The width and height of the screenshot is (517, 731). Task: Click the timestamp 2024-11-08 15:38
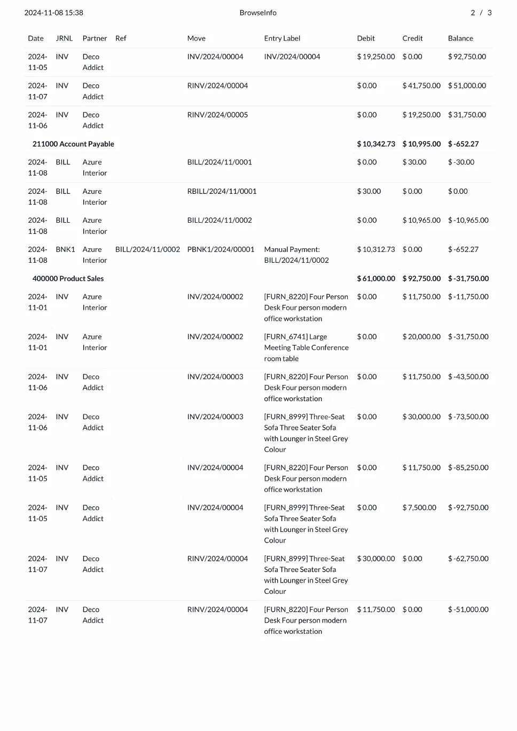pyautogui.click(x=53, y=13)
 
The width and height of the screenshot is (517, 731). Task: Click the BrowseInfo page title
pyautogui.click(x=258, y=13)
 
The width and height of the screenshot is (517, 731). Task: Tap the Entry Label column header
pyautogui.click(x=282, y=38)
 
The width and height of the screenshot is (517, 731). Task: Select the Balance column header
pyautogui.click(x=460, y=38)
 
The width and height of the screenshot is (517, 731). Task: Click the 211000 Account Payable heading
pyautogui.click(x=73, y=144)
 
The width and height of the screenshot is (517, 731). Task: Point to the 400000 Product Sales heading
pyautogui.click(x=68, y=279)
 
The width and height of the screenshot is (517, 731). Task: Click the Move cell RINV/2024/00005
pyautogui.click(x=217, y=115)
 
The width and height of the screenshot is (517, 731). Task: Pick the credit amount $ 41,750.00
pyautogui.click(x=421, y=85)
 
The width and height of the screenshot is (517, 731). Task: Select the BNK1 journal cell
pyautogui.click(x=65, y=249)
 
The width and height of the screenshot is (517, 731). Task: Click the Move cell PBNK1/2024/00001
pyautogui.click(x=221, y=249)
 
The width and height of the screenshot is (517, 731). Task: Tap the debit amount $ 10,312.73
pyautogui.click(x=376, y=249)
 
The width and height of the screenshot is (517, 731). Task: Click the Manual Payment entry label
pyautogui.click(x=296, y=255)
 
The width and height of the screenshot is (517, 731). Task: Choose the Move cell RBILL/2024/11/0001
pyautogui.click(x=222, y=191)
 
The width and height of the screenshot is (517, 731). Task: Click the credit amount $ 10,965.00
pyautogui.click(x=421, y=220)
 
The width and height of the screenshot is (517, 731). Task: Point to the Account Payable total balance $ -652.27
pyautogui.click(x=463, y=144)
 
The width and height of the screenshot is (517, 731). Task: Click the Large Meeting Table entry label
pyautogui.click(x=306, y=348)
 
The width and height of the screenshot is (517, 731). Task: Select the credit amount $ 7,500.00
pyautogui.click(x=419, y=508)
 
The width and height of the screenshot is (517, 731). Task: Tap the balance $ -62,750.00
pyautogui.click(x=468, y=559)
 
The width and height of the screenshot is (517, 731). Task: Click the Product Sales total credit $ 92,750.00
pyautogui.click(x=421, y=279)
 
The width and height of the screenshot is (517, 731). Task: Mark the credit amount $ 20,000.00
pyautogui.click(x=421, y=337)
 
